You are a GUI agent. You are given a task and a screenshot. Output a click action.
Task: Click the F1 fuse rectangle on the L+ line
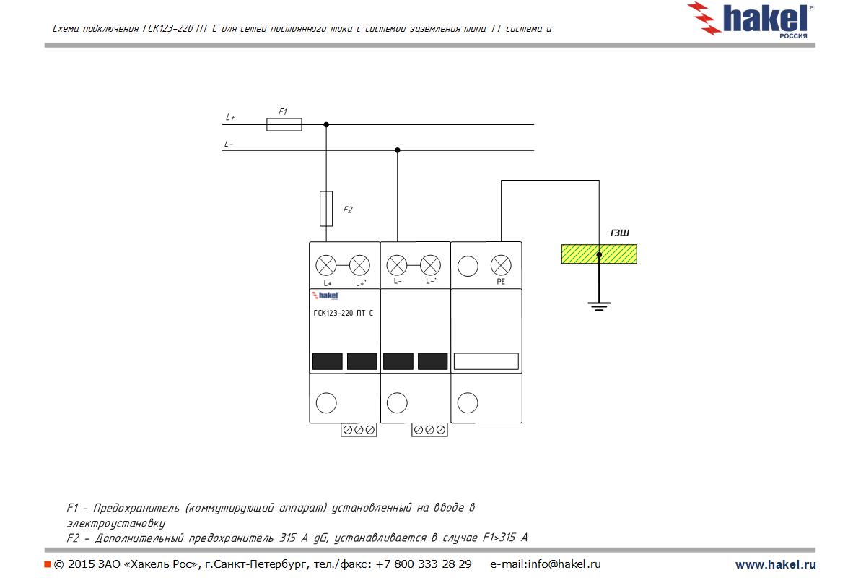284,125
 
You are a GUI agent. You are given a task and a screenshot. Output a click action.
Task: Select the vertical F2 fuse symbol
326,209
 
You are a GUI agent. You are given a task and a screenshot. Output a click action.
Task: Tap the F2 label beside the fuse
348,210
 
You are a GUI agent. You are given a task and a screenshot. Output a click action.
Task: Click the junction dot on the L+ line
326,125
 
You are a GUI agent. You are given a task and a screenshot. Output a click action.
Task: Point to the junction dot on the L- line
398,150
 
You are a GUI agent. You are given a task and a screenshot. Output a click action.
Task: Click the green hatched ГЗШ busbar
599,254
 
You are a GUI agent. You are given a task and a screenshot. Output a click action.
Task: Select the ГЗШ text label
620,233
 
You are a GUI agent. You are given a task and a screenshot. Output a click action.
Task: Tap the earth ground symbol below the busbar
599,306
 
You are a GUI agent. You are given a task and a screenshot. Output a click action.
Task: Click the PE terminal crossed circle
501,266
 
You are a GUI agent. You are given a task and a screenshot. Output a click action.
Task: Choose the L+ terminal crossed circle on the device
326,266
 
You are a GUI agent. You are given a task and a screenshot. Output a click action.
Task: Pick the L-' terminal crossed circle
430,266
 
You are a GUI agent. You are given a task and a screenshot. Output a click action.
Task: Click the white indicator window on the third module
486,361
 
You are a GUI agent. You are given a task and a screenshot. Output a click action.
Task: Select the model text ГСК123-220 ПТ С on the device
344,313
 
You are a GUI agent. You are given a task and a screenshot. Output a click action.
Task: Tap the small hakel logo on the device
325,296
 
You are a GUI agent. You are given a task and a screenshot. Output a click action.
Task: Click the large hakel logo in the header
750,20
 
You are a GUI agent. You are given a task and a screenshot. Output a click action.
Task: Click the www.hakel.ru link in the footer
776,564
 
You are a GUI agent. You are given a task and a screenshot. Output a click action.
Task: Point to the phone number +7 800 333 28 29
424,564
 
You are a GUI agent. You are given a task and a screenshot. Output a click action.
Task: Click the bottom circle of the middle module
397,403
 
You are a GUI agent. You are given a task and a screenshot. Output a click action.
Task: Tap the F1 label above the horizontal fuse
283,111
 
